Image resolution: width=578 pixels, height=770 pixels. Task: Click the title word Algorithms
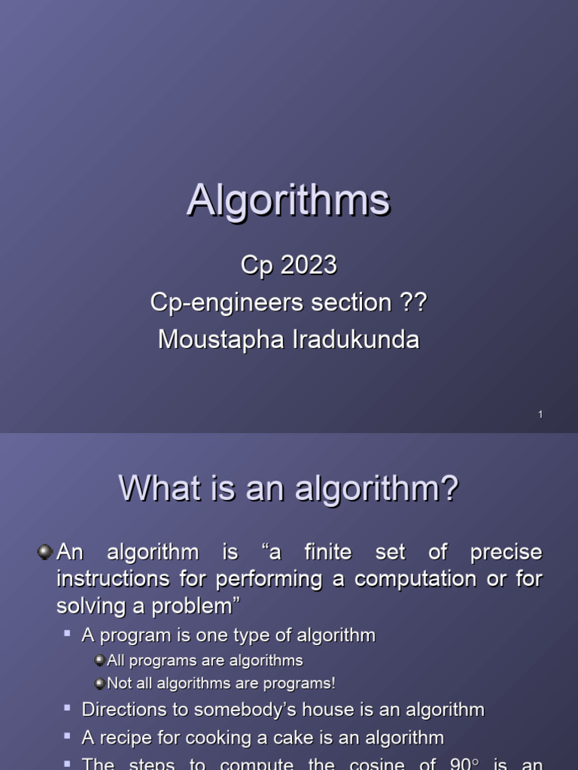(x=288, y=201)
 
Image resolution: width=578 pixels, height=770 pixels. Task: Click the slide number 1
(x=540, y=415)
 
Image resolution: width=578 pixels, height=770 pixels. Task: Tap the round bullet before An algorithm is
(x=44, y=553)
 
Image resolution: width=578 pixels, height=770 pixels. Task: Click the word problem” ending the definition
(x=193, y=606)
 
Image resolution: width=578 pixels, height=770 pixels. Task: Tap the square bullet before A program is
(x=68, y=634)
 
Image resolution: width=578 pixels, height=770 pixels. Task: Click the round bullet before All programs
(x=100, y=660)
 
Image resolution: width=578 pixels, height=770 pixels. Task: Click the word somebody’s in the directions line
(x=240, y=710)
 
